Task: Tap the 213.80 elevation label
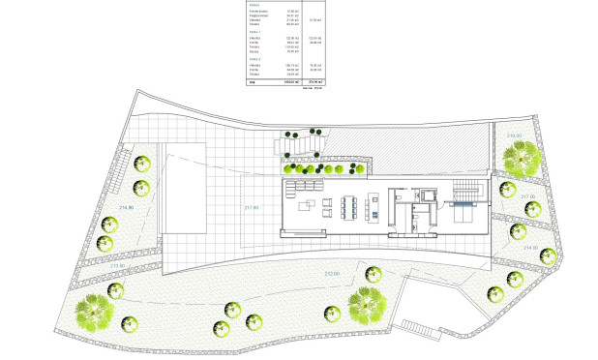(x=118, y=264)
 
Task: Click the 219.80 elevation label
(x=514, y=135)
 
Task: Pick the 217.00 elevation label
(x=527, y=195)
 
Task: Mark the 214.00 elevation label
(x=529, y=248)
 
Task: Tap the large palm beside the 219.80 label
(x=526, y=155)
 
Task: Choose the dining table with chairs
(x=349, y=205)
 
